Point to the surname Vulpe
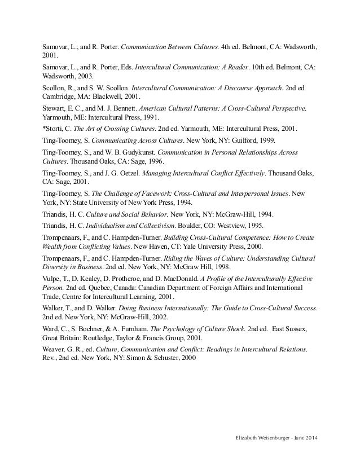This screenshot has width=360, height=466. pos(52,279)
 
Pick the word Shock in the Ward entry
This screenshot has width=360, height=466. pos(221,329)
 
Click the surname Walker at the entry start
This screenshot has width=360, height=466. pos(54,309)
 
